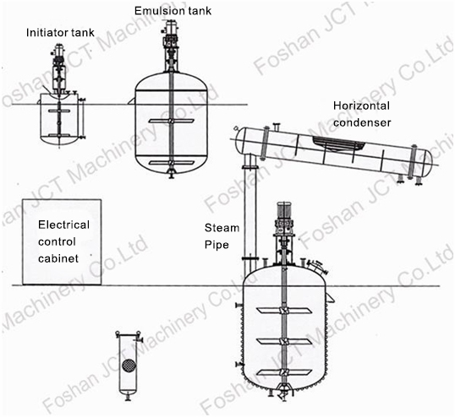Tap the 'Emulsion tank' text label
tap(173, 10)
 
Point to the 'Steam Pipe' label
tap(222, 236)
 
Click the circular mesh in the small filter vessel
tap(128, 368)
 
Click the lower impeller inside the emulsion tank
tap(172, 161)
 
